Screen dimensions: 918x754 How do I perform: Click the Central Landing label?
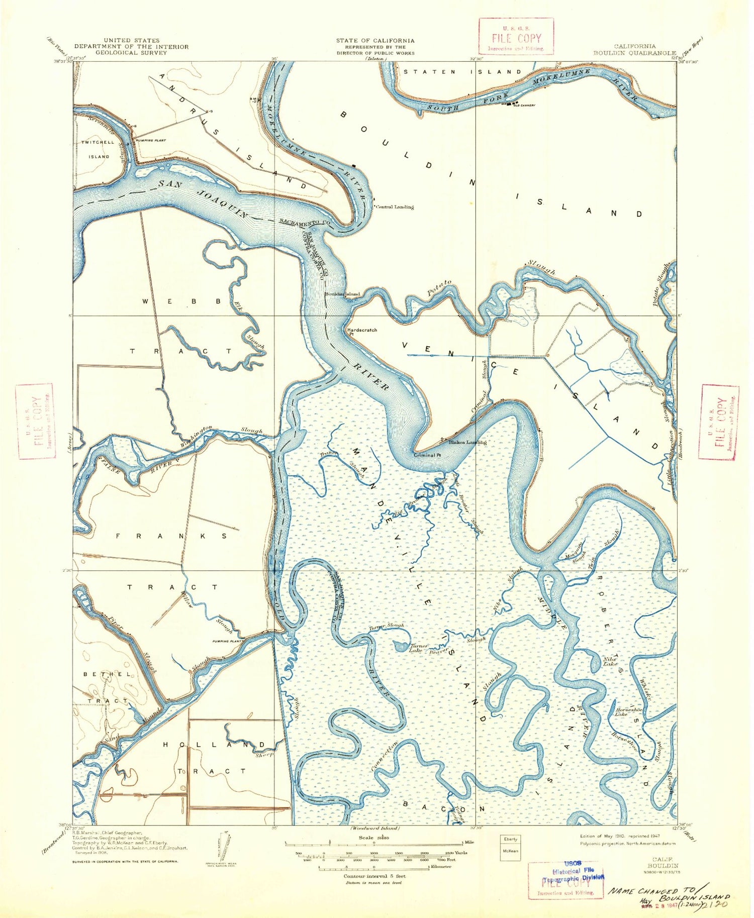(395, 207)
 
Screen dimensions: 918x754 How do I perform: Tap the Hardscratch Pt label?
(362, 331)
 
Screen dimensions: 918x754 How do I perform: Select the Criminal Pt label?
(427, 455)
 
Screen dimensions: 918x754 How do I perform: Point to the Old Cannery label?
(524, 105)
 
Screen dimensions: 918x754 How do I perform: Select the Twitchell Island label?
(99, 149)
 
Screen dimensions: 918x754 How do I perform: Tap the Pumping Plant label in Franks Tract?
(228, 641)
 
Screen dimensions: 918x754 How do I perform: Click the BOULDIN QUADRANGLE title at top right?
(634, 53)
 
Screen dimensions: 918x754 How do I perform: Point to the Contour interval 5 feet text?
(374, 876)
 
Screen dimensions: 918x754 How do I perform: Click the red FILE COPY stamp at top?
(516, 36)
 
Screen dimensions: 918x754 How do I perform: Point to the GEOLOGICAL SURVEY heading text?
(131, 53)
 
